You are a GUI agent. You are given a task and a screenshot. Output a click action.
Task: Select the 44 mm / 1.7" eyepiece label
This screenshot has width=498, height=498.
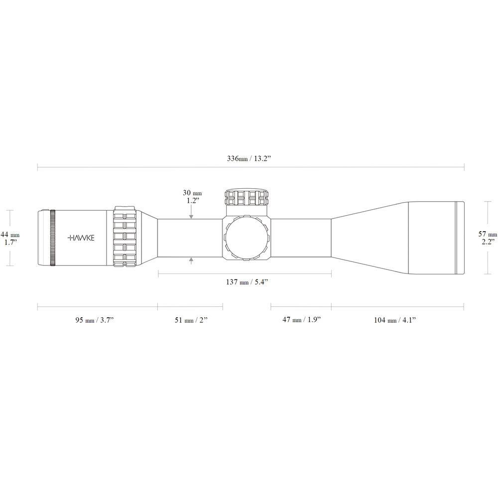10,238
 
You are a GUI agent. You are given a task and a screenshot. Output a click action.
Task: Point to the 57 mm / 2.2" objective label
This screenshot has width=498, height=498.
488,238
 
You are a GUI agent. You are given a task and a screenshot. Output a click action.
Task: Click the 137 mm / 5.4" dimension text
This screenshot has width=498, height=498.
247,282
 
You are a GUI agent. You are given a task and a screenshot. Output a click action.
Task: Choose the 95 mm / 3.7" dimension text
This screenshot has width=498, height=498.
94,320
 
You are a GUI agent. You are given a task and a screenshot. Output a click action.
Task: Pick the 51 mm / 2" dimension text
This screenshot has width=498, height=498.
191,320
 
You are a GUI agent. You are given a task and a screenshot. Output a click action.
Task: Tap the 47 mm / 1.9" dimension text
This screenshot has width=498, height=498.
302,320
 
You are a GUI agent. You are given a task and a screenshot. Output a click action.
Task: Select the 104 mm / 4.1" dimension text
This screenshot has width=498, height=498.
394,320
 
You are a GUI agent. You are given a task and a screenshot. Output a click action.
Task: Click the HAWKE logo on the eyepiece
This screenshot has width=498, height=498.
81,238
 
